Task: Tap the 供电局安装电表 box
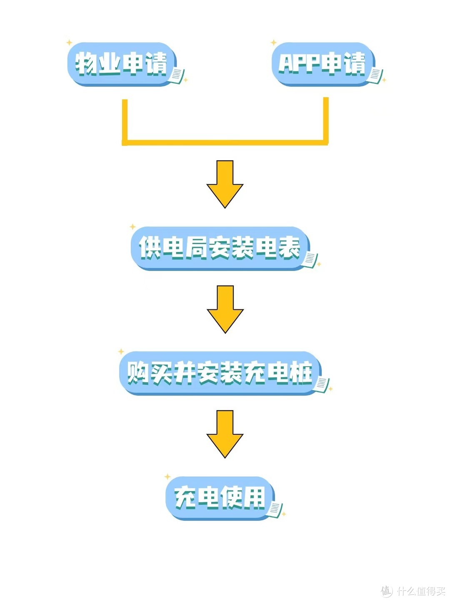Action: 220,248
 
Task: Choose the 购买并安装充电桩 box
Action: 220,373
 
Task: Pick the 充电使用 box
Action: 220,498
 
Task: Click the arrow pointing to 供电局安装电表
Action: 225,184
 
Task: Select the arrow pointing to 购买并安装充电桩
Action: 225,309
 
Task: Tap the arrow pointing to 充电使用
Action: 225,434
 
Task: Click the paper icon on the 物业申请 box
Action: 176,76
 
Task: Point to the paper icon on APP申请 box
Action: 375,76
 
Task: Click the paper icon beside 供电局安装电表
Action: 310,259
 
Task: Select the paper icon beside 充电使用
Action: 275,509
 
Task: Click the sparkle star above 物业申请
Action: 70,43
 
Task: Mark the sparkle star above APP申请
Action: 274,43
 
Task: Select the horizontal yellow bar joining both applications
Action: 225,143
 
